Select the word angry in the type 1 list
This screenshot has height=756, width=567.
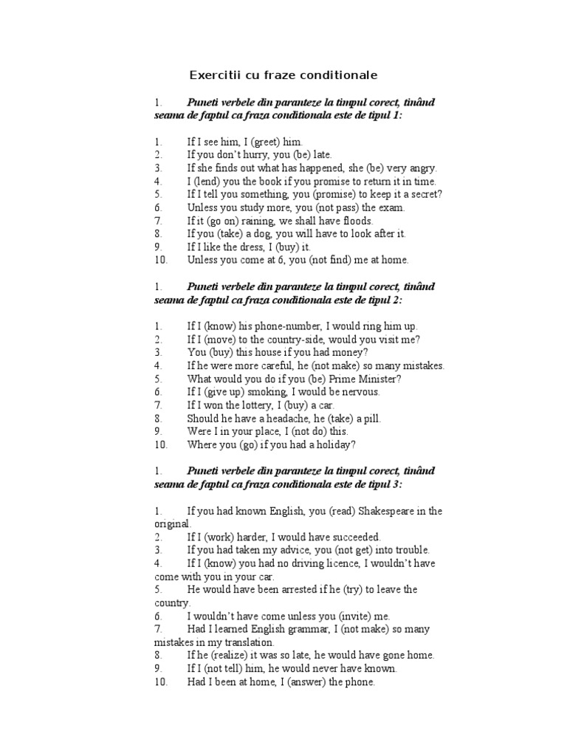coord(421,168)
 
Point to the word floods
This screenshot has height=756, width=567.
coord(356,221)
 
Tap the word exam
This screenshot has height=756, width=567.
coord(391,207)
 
